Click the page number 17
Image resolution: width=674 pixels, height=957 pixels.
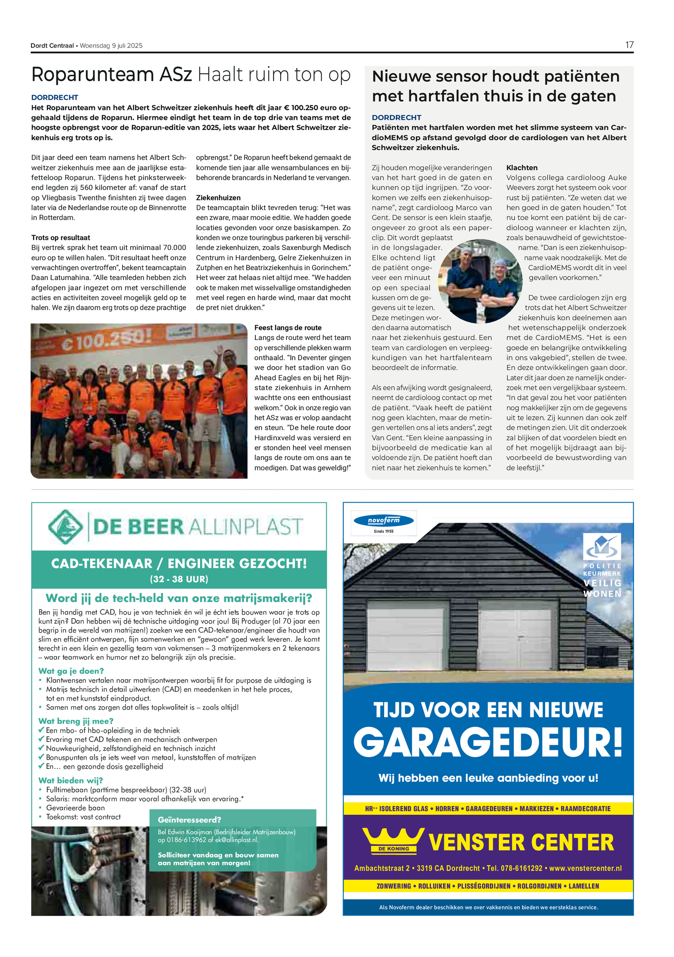[x=629, y=45]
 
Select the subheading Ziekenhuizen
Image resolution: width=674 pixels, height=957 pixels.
[x=218, y=198]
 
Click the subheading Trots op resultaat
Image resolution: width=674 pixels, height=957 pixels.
[x=61, y=238]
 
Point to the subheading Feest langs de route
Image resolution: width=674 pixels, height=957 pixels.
[x=288, y=328]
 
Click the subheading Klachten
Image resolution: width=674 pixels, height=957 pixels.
[x=522, y=167]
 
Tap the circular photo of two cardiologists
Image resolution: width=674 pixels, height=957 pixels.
[x=480, y=281]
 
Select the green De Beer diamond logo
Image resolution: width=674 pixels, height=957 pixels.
[x=65, y=526]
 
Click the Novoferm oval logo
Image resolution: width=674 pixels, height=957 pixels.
[x=383, y=521]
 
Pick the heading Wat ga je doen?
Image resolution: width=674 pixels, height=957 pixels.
[x=71, y=671]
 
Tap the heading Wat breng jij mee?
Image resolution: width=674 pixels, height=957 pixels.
[x=76, y=721]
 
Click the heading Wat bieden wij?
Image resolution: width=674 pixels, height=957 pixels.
[x=70, y=780]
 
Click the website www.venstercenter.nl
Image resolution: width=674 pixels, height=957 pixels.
[x=585, y=868]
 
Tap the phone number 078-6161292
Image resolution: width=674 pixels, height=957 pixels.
[x=521, y=868]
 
